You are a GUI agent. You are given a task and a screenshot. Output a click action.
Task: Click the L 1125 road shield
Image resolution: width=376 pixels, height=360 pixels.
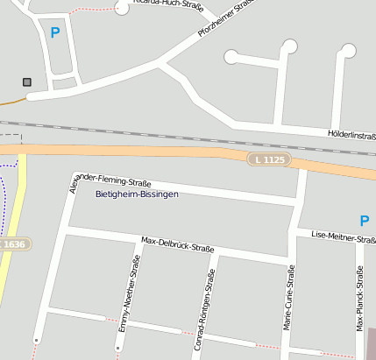click(268, 159)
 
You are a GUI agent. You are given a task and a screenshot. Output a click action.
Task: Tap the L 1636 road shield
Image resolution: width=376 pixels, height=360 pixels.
click(12, 244)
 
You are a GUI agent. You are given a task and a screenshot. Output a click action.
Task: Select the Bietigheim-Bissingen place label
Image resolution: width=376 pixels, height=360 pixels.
click(136, 194)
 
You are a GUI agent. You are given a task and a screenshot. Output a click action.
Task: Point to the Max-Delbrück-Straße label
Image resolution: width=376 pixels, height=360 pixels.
click(178, 244)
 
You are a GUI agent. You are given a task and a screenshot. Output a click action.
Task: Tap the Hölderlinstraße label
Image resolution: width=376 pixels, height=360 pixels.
click(351, 136)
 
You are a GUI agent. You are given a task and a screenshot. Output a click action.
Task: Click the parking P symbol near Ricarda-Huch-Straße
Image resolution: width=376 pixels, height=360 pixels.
click(56, 33)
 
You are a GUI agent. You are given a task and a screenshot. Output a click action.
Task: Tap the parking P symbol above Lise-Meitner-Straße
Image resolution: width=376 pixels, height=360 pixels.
click(365, 220)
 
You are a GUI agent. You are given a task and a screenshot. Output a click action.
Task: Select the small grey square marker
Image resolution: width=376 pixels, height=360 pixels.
click(27, 82)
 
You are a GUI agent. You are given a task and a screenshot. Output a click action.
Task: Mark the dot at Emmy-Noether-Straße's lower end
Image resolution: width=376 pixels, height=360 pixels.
click(117, 348)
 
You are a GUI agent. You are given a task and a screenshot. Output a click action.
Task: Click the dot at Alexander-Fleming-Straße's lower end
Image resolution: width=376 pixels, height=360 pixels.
click(36, 339)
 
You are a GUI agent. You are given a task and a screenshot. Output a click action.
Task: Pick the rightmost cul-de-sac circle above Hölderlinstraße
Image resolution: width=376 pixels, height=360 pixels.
click(349, 50)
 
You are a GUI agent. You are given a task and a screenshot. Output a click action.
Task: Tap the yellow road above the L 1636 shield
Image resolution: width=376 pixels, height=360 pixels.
click(20, 193)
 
